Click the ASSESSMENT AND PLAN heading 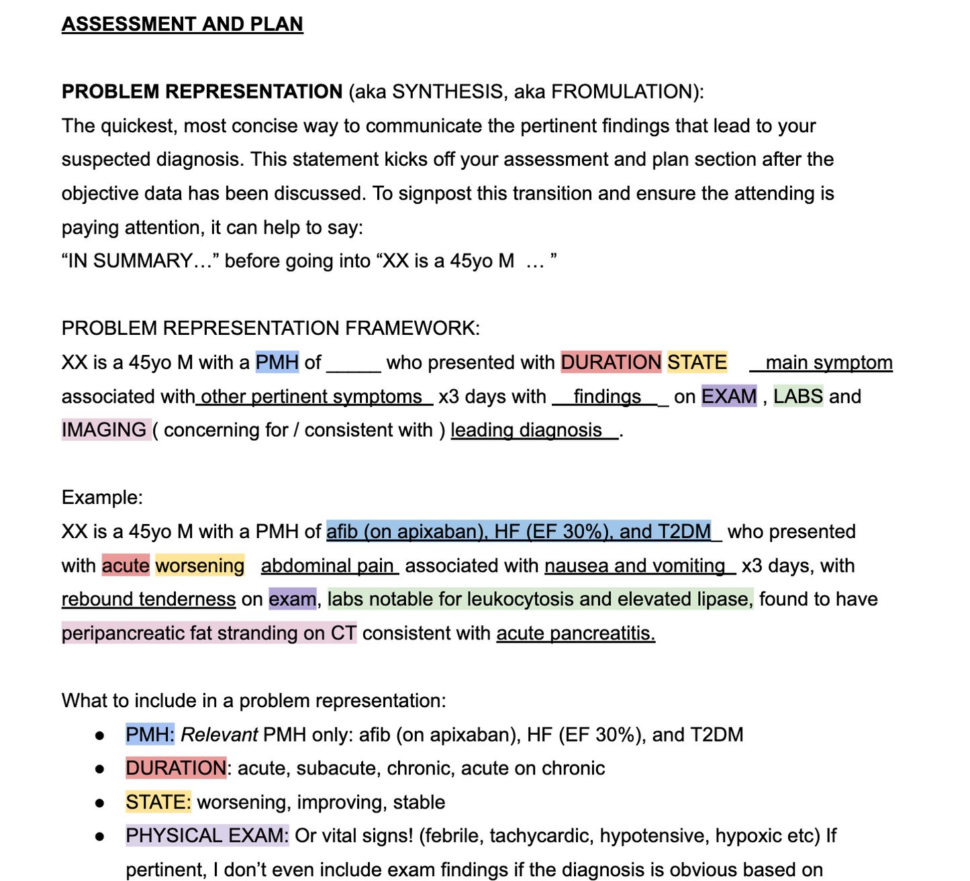coord(182,24)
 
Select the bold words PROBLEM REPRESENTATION coord(201,91)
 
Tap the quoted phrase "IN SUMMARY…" coord(140,260)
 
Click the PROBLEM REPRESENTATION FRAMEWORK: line coord(271,328)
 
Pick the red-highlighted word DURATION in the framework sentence coord(611,362)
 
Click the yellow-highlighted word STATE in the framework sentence coord(697,362)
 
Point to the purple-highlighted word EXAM coord(729,397)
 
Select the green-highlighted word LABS coord(797,397)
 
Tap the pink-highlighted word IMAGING coord(105,430)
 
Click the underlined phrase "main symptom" coord(828,362)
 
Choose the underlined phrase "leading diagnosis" coord(526,430)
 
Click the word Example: coord(102,498)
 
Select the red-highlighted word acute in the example coord(126,566)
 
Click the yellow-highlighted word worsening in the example coord(199,566)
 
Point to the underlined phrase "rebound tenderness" coord(148,599)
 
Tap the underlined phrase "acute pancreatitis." coord(575,633)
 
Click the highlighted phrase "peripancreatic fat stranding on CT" coord(209,633)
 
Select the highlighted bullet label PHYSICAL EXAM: coord(207,836)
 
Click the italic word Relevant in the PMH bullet coord(219,735)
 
